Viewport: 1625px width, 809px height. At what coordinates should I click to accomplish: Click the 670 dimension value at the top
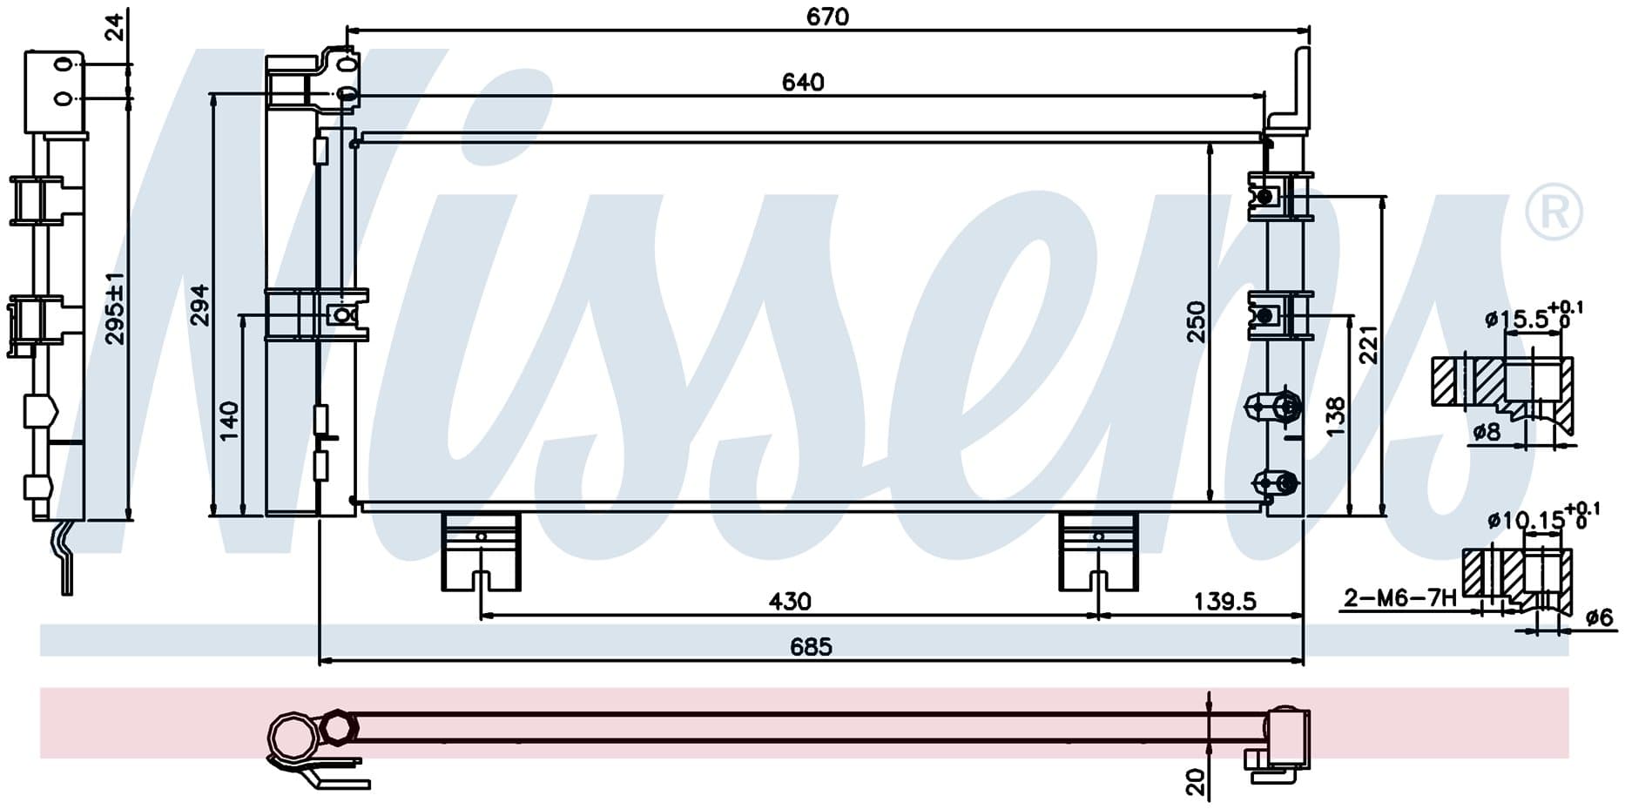point(826,17)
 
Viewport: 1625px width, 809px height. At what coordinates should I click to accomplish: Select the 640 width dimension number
point(802,83)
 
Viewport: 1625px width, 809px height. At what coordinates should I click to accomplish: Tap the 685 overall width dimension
point(811,647)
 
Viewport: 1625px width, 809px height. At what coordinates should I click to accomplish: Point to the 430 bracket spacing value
point(790,602)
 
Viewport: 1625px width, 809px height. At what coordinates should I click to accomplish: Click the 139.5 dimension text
point(1224,602)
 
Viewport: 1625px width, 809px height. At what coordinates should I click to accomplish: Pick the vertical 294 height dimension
point(200,305)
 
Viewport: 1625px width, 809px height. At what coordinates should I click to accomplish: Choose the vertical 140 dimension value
point(229,421)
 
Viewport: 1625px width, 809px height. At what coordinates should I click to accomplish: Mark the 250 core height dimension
point(1197,321)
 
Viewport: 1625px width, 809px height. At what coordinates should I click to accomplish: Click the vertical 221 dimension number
point(1369,344)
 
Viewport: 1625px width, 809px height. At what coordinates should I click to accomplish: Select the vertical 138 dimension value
point(1335,416)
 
